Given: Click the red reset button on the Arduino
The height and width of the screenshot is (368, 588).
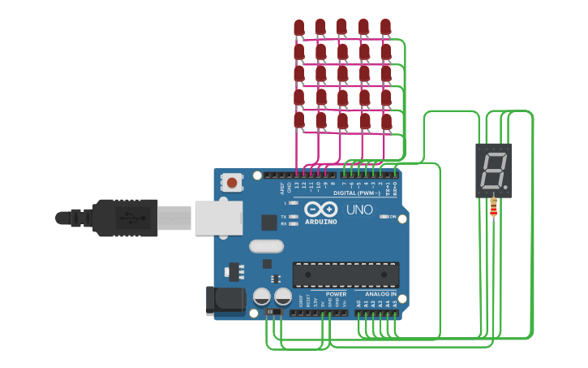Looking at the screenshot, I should point(233,183).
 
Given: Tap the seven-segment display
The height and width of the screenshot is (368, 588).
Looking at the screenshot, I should point(493,171).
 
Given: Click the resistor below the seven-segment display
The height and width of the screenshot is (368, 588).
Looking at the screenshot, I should point(494,210).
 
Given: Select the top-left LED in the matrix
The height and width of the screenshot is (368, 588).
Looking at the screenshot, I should point(299,28).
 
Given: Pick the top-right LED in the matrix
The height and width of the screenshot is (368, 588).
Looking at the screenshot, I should point(385,28).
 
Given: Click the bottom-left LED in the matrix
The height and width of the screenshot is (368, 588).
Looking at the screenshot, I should point(299,120).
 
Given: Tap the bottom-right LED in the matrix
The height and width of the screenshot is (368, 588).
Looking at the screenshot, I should point(385,120).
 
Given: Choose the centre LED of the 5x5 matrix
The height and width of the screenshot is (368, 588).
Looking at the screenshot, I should point(342,74).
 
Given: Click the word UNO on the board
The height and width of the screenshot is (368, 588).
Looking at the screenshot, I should point(359,210).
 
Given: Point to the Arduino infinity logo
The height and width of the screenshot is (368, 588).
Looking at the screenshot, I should point(320,210).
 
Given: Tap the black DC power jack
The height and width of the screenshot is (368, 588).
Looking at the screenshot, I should point(225,300).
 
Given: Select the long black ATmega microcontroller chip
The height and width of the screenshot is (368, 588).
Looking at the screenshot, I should point(346,275).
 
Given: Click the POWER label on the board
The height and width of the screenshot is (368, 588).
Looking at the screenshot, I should point(336,293).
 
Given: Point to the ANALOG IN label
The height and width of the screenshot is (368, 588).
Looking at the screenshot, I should point(380,293).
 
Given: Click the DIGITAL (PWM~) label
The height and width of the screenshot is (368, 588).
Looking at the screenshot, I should point(357,193).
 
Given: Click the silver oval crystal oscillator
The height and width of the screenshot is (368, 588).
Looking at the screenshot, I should point(266,246).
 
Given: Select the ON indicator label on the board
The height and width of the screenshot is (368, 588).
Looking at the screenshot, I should point(393,217).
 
